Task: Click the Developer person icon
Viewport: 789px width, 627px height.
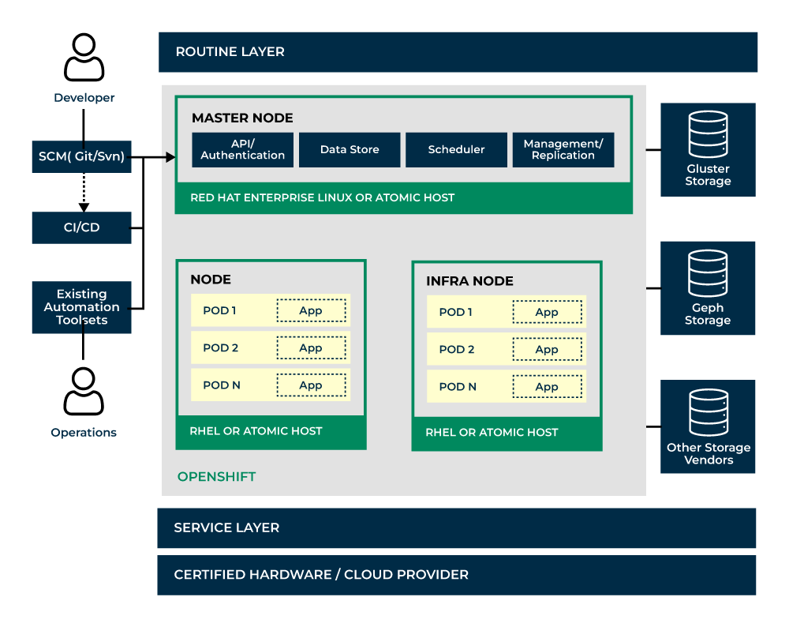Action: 84,58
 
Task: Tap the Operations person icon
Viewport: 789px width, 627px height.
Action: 84,392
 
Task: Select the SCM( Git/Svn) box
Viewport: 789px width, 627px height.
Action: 81,157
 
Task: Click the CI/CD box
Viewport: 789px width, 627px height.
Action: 81,227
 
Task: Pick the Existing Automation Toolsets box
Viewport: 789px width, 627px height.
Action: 81,306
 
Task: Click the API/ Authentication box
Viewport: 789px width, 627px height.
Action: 242,149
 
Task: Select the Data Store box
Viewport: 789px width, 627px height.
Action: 350,149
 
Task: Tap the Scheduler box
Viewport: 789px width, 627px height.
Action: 456,149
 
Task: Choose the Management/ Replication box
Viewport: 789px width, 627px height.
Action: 563,149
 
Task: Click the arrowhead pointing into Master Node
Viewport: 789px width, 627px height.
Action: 170,157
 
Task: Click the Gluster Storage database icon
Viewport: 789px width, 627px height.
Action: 708,134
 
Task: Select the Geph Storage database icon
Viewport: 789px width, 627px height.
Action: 708,273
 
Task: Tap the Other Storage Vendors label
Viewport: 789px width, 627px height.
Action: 708,453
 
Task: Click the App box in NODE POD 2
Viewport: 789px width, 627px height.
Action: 311,347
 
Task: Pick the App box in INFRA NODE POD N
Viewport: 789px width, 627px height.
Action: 547,386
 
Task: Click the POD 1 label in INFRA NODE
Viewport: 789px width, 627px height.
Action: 455,312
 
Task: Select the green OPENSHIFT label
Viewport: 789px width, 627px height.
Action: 216,476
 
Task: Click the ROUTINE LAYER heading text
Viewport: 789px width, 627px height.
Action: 230,52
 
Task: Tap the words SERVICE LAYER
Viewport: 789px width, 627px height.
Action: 226,528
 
